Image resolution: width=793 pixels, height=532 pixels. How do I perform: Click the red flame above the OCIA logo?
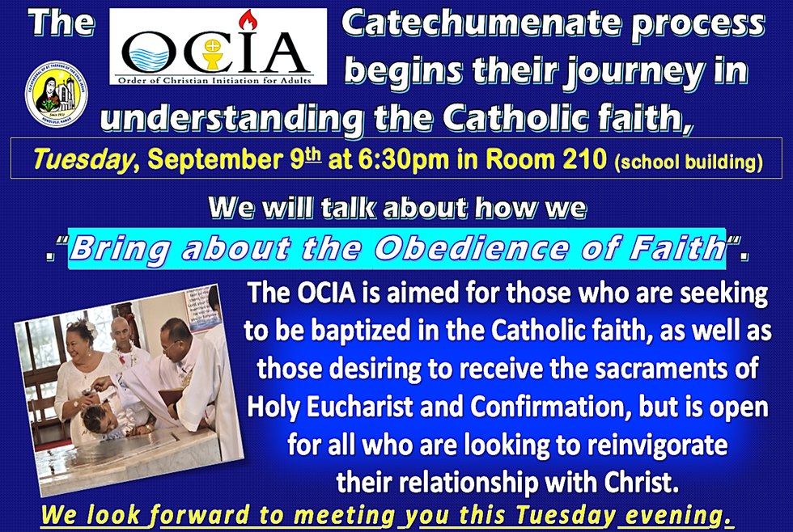point(248,20)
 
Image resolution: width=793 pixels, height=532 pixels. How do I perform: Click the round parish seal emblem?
point(56,94)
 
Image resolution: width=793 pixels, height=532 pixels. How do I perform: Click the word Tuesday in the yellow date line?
point(83,159)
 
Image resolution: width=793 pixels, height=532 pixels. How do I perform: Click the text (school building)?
point(689,163)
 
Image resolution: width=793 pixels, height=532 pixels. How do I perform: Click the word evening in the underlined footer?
point(679,515)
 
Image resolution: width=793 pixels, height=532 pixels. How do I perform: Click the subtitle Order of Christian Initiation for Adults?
point(215,80)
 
